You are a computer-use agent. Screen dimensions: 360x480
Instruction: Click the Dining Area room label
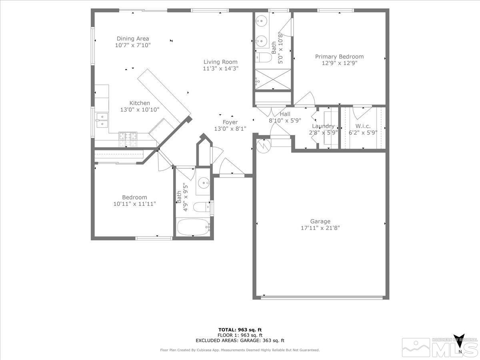point(133,38)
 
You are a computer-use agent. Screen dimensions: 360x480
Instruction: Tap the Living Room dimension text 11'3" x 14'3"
point(220,68)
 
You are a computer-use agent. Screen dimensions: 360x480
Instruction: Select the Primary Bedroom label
point(339,56)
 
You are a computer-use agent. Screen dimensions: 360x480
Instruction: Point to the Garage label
point(320,221)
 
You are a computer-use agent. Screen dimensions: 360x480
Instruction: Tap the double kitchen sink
point(102,120)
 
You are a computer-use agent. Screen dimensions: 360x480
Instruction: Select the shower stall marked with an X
point(273,79)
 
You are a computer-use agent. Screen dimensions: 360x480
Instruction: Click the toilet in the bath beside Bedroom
point(201,207)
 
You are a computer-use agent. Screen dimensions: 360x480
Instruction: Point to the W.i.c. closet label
point(363,126)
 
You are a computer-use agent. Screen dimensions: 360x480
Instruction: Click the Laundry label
point(323,126)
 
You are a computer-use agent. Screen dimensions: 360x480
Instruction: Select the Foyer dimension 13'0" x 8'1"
point(230,128)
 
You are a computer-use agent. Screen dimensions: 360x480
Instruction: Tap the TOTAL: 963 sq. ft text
point(240,329)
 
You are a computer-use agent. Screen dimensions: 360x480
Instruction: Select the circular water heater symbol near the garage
point(264,145)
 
